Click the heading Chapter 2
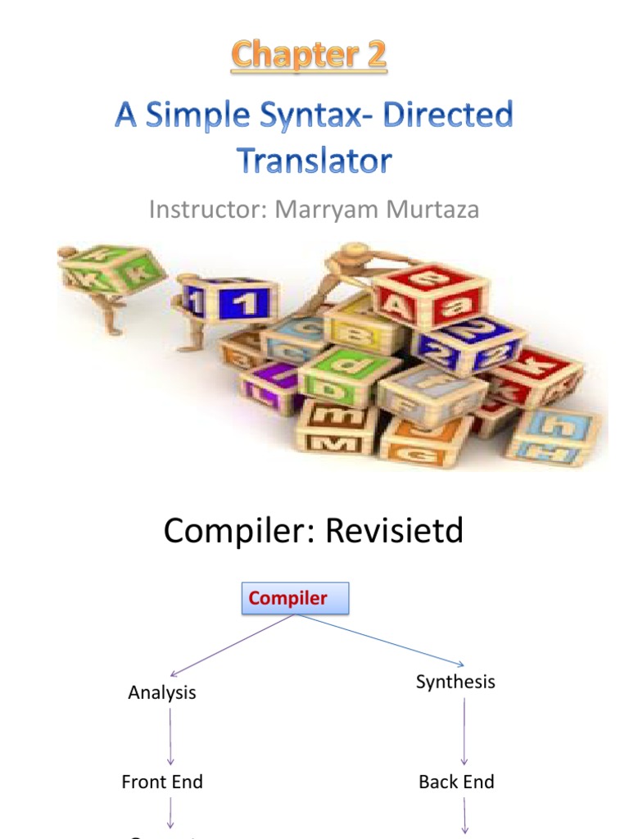click(309, 56)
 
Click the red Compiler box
click(294, 598)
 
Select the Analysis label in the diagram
click(162, 692)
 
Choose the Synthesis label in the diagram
click(455, 682)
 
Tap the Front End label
click(162, 782)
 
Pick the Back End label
click(456, 782)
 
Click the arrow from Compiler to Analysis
click(229, 646)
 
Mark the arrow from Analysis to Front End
click(170, 736)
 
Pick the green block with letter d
click(348, 373)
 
